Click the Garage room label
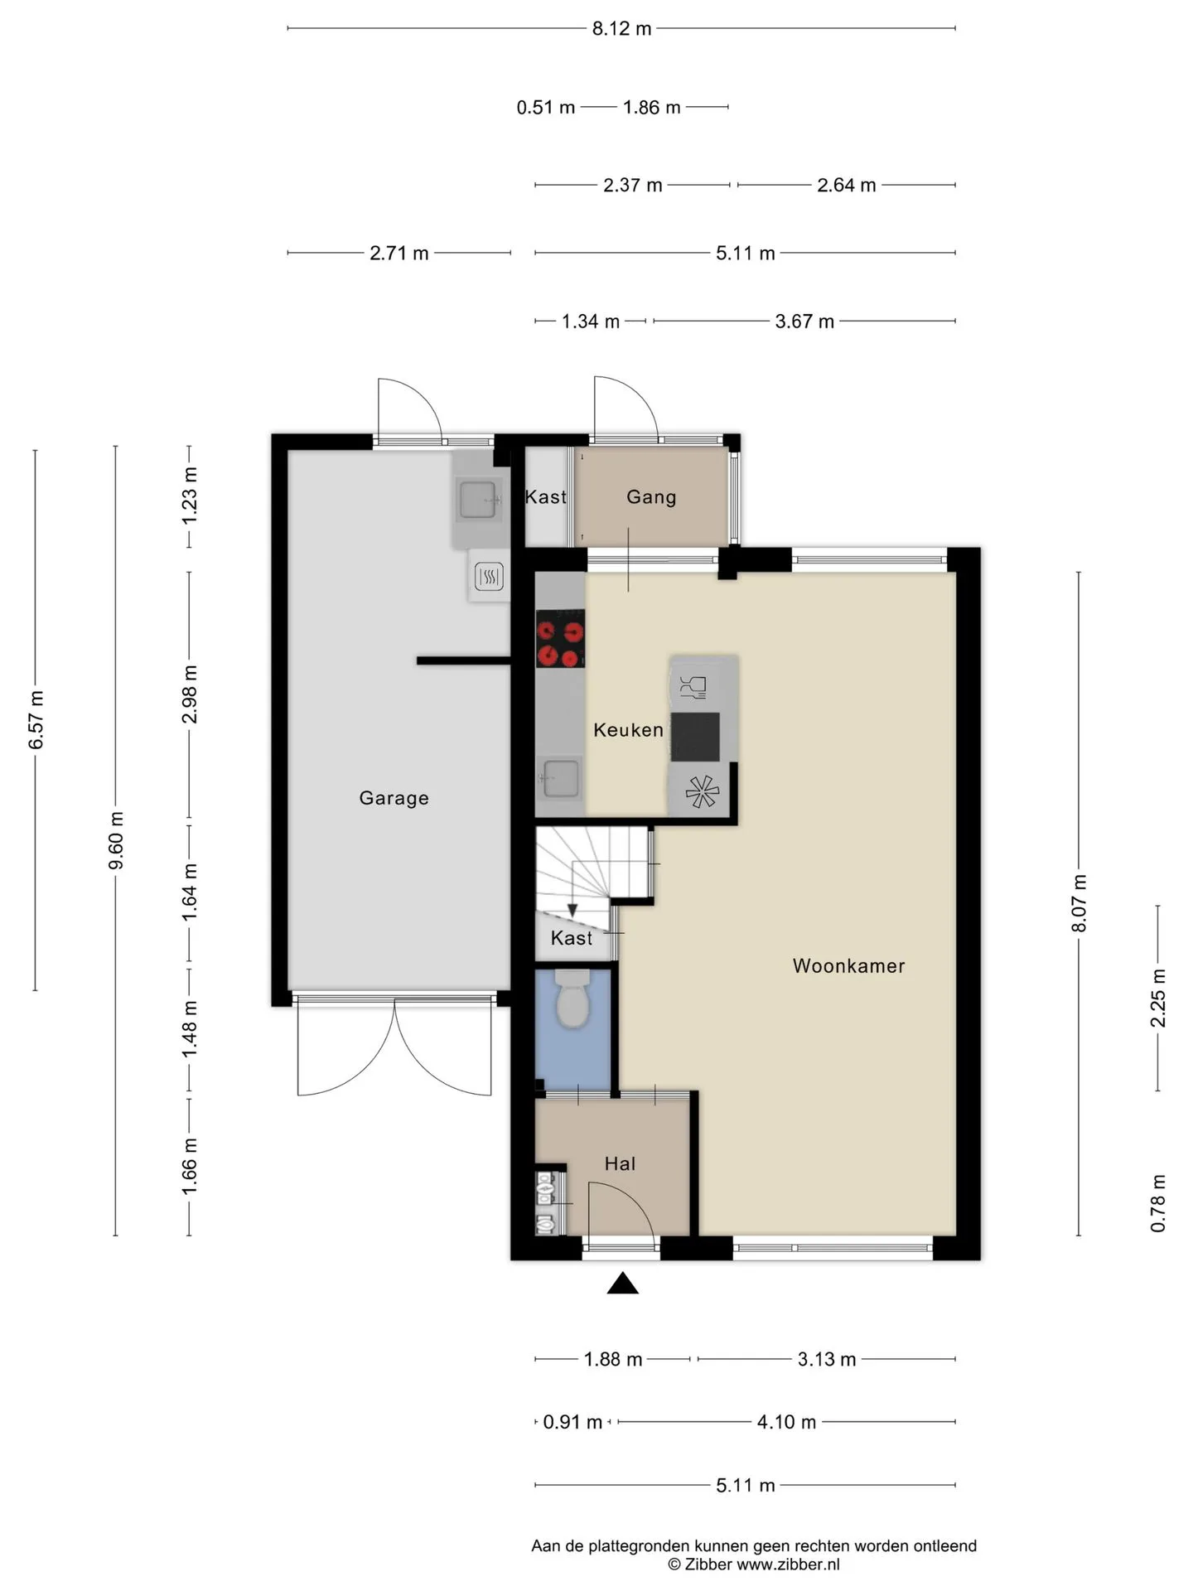(x=394, y=798)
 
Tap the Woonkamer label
(x=848, y=965)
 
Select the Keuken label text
(x=628, y=730)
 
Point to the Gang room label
(x=651, y=497)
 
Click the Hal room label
(x=620, y=1163)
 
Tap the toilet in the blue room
(x=572, y=999)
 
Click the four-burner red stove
(x=560, y=639)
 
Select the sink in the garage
(x=478, y=499)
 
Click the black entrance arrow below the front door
(x=623, y=1284)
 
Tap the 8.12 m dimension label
(x=621, y=29)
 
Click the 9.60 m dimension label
(x=117, y=841)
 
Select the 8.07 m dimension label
(x=1079, y=903)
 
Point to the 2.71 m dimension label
(x=399, y=253)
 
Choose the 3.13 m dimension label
(x=827, y=1359)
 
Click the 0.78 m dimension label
(x=1158, y=1203)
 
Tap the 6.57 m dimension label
(x=36, y=719)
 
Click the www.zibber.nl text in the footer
(x=788, y=1564)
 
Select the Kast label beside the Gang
(x=546, y=497)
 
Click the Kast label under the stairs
(x=572, y=938)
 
